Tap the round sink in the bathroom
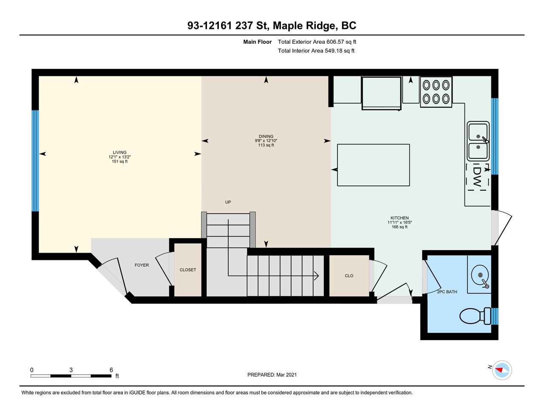tap(480, 275)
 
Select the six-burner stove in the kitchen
tap(436, 92)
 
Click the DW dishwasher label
tap(477, 177)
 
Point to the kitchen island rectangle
tap(373, 165)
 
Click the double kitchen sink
tap(478, 141)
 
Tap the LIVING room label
tap(120, 152)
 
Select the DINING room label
tap(266, 136)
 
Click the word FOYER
tap(142, 265)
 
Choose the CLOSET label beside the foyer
tap(188, 270)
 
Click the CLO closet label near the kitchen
tap(349, 276)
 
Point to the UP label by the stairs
tap(228, 202)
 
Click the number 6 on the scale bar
tap(111, 370)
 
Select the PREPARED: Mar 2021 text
tap(272, 375)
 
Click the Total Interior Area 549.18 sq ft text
tap(316, 51)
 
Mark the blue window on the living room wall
tap(35, 161)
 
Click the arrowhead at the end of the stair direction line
tap(317, 276)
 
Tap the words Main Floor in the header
tap(258, 42)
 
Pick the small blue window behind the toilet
tap(495, 316)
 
